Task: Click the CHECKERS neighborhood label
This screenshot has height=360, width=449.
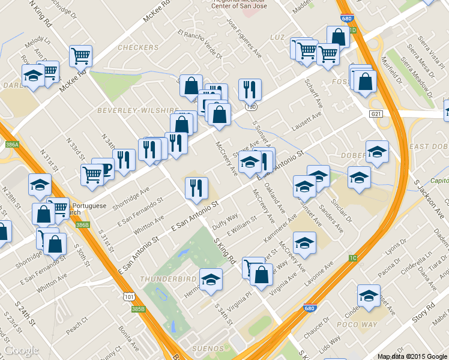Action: (x=137, y=47)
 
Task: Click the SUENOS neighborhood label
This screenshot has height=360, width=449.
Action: (x=208, y=349)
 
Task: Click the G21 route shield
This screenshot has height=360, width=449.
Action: (x=376, y=113)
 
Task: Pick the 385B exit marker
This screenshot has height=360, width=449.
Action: (x=138, y=308)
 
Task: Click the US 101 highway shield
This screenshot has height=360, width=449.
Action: (x=128, y=296)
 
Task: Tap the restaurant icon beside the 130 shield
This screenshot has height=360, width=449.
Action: (x=250, y=89)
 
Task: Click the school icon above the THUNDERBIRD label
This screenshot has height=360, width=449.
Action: (x=210, y=279)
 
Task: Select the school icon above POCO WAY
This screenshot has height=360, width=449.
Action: (x=368, y=295)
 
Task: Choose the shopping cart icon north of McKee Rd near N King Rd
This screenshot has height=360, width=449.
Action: (x=80, y=56)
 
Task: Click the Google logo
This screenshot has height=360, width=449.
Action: (x=22, y=350)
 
